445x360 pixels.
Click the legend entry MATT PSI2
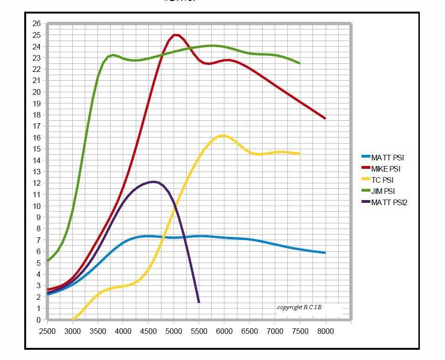click(389, 202)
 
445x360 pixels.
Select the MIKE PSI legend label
click(385, 169)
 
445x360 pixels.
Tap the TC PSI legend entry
click(383, 180)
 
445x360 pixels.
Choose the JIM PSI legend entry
click(383, 191)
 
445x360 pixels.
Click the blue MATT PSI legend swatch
click(366, 158)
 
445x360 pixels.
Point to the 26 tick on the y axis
click(37, 23)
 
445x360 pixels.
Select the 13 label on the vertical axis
click(37, 172)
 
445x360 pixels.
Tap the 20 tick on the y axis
click(37, 92)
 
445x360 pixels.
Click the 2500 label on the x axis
click(47, 331)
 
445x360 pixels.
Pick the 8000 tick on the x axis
click(325, 331)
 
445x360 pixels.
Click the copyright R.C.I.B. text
click(299, 307)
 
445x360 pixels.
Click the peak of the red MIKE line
click(175, 35)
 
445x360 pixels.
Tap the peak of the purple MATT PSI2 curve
click(153, 181)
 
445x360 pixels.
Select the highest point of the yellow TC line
click(222, 136)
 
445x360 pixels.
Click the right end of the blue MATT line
click(325, 253)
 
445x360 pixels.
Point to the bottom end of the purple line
click(199, 302)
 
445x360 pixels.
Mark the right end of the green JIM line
click(299, 63)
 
